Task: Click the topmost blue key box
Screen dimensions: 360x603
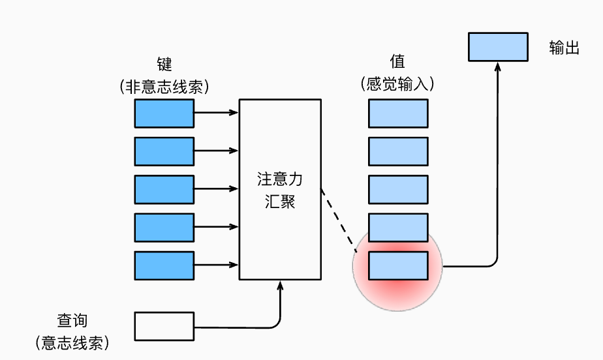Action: [164, 113]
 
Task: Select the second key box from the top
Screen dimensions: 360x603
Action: [164, 151]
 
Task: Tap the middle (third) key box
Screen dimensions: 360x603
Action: [164, 189]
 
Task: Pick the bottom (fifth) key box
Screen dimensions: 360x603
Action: [164, 265]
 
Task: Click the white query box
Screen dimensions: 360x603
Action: [164, 326]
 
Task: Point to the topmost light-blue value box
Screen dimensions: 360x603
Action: [398, 113]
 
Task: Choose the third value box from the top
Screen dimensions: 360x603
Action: [398, 189]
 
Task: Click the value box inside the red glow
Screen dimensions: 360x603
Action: [398, 265]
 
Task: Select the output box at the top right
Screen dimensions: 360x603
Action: [498, 47]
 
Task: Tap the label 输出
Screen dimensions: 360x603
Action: [564, 48]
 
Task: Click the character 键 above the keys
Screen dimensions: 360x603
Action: [164, 64]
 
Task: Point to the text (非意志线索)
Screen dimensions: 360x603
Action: [164, 86]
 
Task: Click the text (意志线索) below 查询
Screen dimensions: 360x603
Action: [72, 343]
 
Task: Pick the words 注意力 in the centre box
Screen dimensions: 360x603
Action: [280, 179]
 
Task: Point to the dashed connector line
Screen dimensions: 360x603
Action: [339, 220]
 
